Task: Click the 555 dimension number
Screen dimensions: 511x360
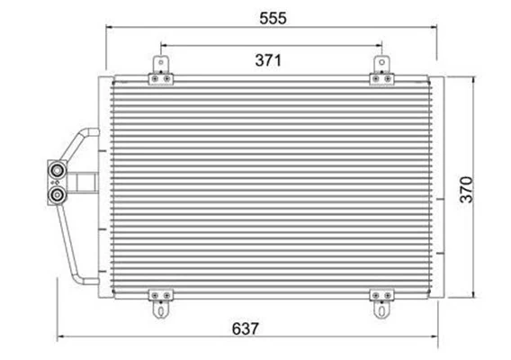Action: point(273,18)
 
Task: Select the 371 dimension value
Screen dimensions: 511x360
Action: point(268,60)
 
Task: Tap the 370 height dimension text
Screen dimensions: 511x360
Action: point(466,190)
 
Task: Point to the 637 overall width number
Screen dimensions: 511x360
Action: point(245,328)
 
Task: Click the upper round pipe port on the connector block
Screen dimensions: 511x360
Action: point(57,170)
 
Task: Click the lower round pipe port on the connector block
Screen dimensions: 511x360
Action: point(57,194)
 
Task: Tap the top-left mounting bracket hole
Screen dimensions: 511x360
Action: point(161,62)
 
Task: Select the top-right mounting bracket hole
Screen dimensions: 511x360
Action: point(382,62)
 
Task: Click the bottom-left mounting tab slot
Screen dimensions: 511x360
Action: point(161,310)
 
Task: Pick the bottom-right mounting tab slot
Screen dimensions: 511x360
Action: point(381,310)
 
